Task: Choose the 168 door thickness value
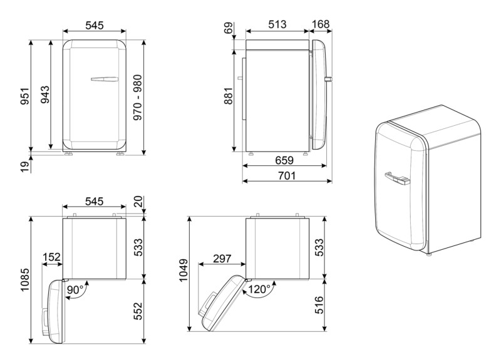click(321, 24)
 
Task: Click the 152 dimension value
click(52, 258)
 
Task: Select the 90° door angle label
click(75, 289)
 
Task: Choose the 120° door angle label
click(259, 290)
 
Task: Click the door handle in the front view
click(103, 80)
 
